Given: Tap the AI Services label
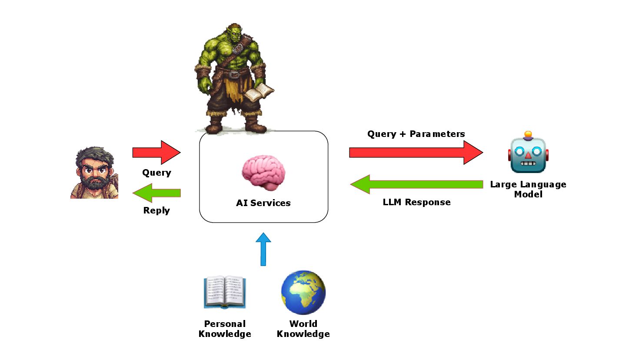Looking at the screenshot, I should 263,203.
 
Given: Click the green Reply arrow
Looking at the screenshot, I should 156,193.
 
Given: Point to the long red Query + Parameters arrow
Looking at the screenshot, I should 416,152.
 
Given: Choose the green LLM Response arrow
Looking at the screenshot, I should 416,184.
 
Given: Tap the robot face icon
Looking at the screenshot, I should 528,155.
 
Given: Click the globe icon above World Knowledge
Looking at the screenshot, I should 303,293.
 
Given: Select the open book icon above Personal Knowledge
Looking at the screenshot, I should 225,292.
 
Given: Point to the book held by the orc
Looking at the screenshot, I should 260,92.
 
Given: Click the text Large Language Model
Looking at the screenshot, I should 528,189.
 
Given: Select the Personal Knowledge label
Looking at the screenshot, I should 225,329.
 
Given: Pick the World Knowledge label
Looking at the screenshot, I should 303,329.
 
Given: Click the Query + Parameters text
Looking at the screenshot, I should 416,134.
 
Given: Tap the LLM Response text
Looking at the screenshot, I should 416,202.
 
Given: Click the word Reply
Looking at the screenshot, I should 156,210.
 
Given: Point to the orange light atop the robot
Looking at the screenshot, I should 528,134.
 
